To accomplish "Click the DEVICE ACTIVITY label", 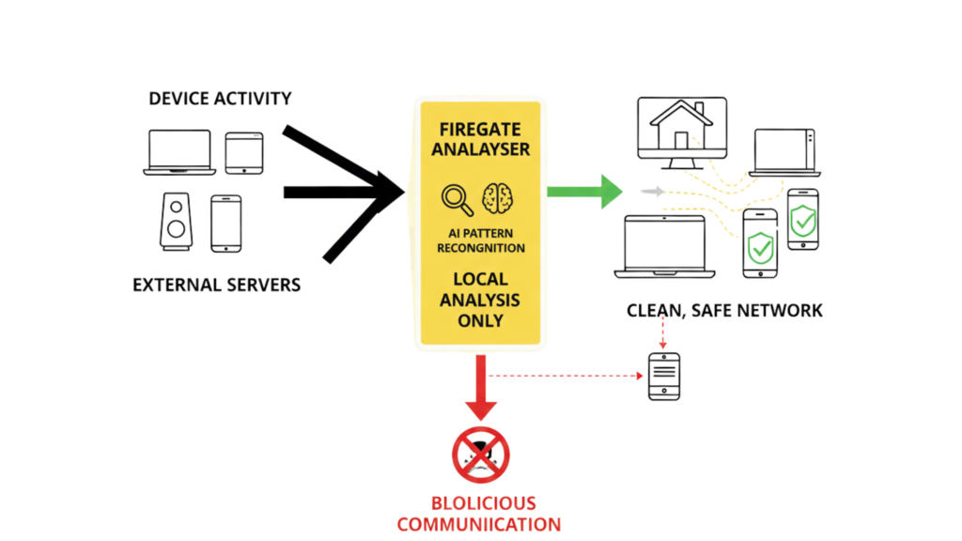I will pos(221,99).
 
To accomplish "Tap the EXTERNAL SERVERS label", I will pos(216,284).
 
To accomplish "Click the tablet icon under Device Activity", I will pos(244,152).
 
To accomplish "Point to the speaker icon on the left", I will pos(176,222).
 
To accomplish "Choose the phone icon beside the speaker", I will pos(225,224).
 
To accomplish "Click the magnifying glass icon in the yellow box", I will pos(458,200).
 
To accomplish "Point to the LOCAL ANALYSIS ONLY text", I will pos(479,300).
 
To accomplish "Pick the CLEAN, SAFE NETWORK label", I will pos(724,310).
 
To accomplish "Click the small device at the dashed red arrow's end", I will pos(664,376).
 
